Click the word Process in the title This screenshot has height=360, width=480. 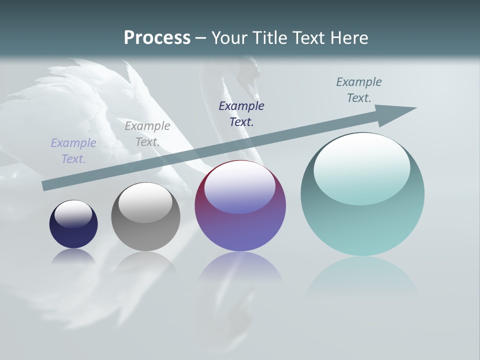157,38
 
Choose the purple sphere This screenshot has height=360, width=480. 240,206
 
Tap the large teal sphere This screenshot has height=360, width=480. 362,194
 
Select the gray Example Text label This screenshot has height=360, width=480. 147,134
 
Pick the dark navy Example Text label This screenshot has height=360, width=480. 241,113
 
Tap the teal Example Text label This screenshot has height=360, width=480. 359,90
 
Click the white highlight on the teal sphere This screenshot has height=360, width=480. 362,167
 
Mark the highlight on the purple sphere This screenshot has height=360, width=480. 239,186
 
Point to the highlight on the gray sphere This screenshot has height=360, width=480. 145,201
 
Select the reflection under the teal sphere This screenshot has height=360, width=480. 362,275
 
